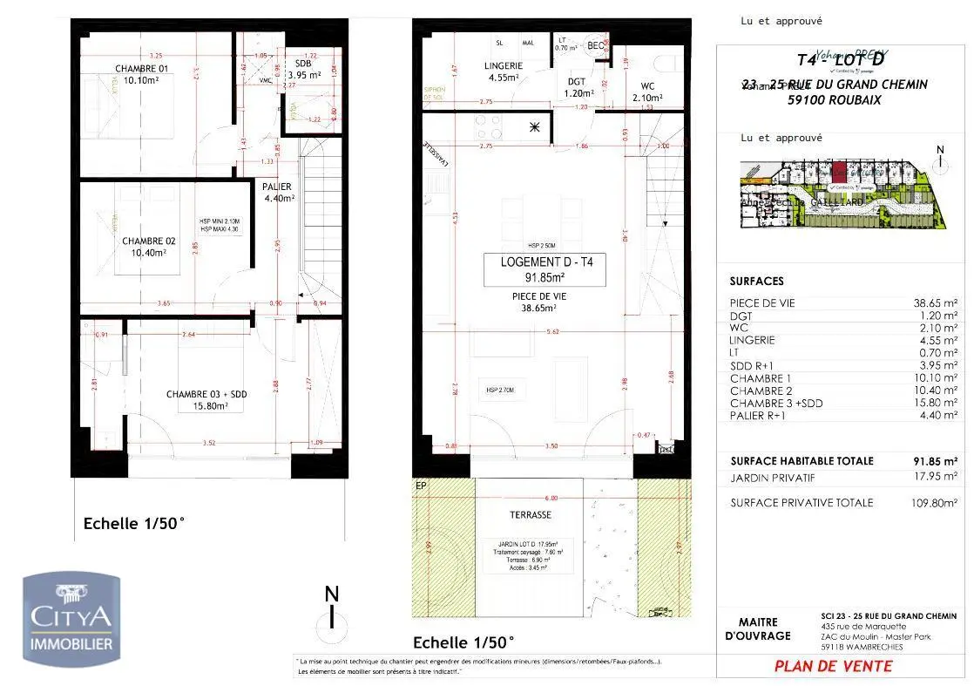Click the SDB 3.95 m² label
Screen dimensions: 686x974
(304, 70)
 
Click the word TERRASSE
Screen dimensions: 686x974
(531, 514)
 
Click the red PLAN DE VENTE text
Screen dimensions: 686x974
(833, 666)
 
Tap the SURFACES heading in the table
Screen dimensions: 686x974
(756, 282)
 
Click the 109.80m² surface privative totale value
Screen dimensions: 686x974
(931, 503)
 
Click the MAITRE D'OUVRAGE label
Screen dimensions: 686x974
(757, 629)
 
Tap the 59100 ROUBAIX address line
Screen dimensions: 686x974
(834, 100)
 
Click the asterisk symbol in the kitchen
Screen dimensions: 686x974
(534, 128)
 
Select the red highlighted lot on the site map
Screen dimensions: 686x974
(839, 173)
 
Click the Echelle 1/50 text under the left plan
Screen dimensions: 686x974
(133, 524)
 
